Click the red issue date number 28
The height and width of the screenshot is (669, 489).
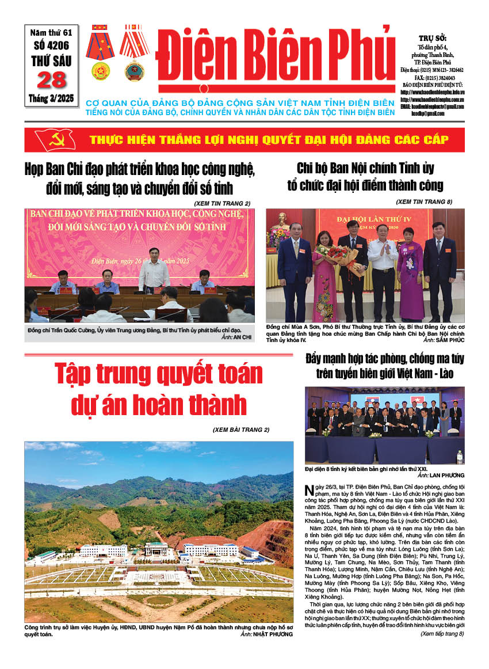coord(52,79)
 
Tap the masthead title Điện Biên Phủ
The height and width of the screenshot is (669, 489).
coord(274,58)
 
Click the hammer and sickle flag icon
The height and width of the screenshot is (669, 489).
coord(55,139)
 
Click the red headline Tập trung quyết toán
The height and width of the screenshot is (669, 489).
coord(158,375)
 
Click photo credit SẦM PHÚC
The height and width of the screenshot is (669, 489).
coord(443,340)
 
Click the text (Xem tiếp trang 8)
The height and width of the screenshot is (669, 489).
coord(442,634)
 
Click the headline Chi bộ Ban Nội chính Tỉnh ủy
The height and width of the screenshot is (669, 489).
coord(365,169)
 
